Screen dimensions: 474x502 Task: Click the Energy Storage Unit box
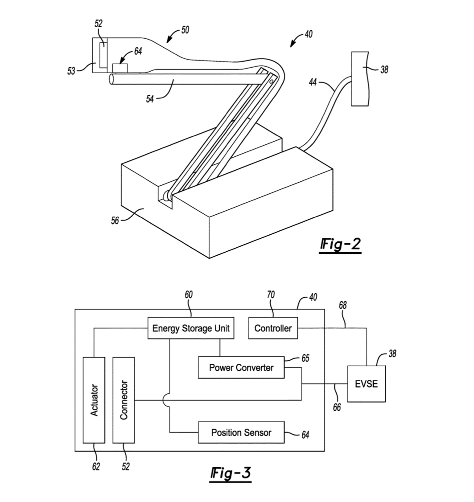click(191, 328)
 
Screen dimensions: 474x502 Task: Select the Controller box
click(273, 328)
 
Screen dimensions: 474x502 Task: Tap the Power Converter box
click(241, 367)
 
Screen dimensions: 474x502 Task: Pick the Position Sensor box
click(241, 433)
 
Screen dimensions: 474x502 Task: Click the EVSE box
click(367, 384)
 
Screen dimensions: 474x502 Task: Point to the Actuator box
click(94, 400)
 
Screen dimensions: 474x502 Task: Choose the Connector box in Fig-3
click(124, 400)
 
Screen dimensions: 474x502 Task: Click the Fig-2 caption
click(340, 245)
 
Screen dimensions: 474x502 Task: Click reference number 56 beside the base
click(115, 220)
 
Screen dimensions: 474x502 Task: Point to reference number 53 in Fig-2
click(71, 71)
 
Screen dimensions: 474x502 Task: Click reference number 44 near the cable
click(313, 82)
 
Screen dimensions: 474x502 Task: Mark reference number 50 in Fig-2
click(185, 30)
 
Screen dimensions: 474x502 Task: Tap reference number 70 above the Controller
click(271, 294)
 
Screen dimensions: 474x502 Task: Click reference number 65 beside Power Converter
click(305, 358)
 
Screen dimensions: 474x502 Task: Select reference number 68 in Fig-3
click(342, 306)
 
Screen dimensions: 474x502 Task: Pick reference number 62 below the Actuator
click(96, 467)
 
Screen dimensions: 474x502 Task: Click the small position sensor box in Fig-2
click(120, 68)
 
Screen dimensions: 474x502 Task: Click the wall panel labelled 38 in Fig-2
click(360, 79)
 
